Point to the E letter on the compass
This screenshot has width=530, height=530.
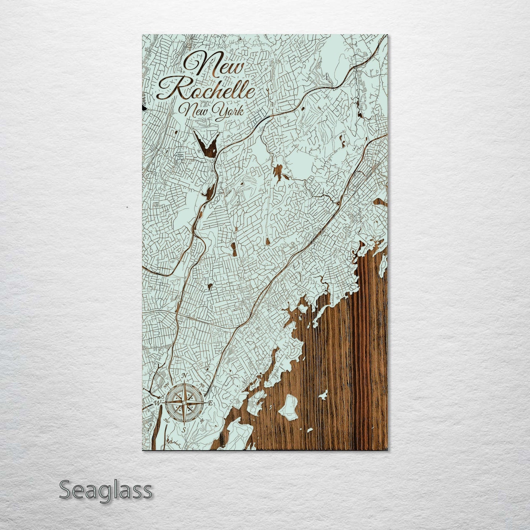[211, 403]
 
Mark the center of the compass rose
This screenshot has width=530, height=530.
[184, 403]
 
